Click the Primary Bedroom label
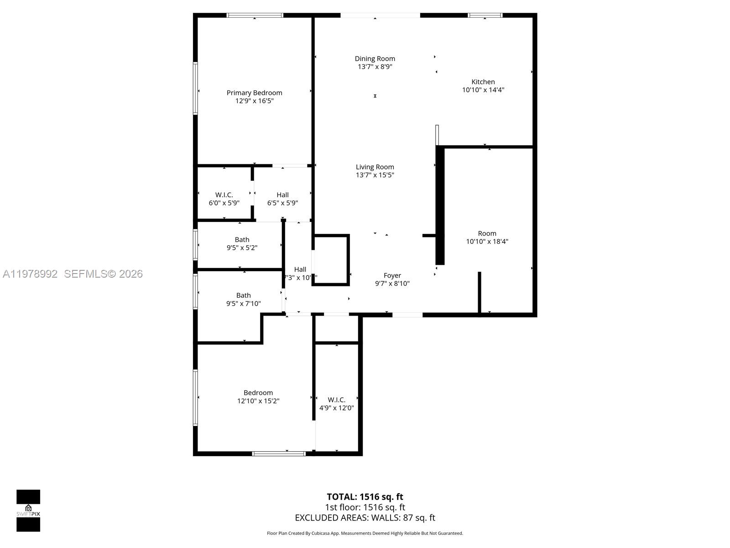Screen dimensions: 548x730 pos(254,93)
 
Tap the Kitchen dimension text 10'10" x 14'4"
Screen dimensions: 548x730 pos(483,90)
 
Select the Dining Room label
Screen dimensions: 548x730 pos(375,58)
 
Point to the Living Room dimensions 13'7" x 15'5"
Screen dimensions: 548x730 pos(375,175)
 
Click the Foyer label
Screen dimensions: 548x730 pos(392,275)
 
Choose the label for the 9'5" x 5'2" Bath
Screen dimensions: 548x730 pos(242,240)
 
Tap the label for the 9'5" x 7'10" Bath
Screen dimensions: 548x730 pos(243,295)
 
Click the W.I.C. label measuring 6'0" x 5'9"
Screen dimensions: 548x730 pos(224,195)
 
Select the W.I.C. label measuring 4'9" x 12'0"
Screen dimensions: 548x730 pos(336,400)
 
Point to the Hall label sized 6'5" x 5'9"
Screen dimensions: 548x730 pos(282,195)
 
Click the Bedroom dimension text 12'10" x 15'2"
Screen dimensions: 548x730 pos(258,401)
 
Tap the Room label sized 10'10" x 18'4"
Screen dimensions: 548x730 pos(487,233)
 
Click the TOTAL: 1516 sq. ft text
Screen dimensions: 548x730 pos(365,497)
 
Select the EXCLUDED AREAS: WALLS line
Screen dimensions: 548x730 pos(365,518)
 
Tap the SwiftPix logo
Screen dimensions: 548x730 pos(28,511)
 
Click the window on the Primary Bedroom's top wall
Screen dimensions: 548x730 pos(255,16)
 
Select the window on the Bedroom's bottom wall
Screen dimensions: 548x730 pos(279,453)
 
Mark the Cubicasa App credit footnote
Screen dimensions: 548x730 pos(365,533)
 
